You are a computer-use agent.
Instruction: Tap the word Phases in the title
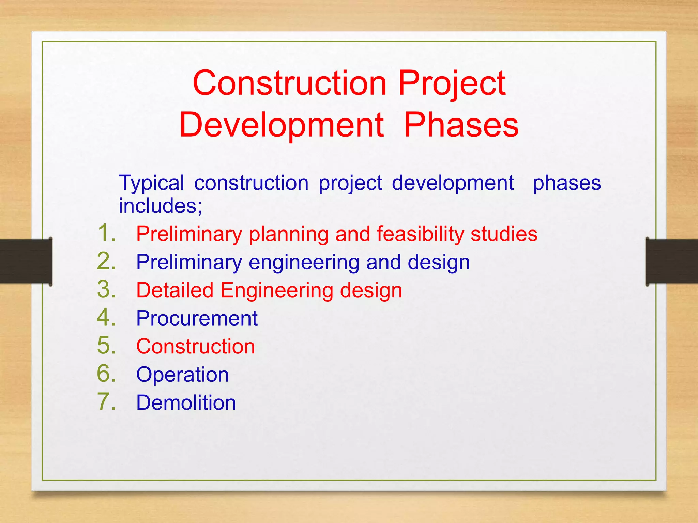click(461, 125)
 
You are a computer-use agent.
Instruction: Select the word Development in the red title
click(282, 125)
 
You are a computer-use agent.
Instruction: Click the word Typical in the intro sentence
click(151, 183)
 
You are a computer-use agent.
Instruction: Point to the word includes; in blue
click(160, 206)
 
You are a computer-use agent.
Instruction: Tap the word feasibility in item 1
click(420, 234)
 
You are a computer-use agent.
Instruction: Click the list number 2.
click(106, 261)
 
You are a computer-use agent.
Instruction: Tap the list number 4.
click(106, 317)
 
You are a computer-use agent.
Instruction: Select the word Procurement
click(197, 318)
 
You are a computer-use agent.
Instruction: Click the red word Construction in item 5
click(196, 346)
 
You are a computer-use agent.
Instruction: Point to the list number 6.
click(106, 374)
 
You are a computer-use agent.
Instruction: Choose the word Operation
click(182, 375)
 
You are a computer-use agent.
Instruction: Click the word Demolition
click(186, 402)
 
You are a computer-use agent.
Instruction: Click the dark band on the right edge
click(672, 261)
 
